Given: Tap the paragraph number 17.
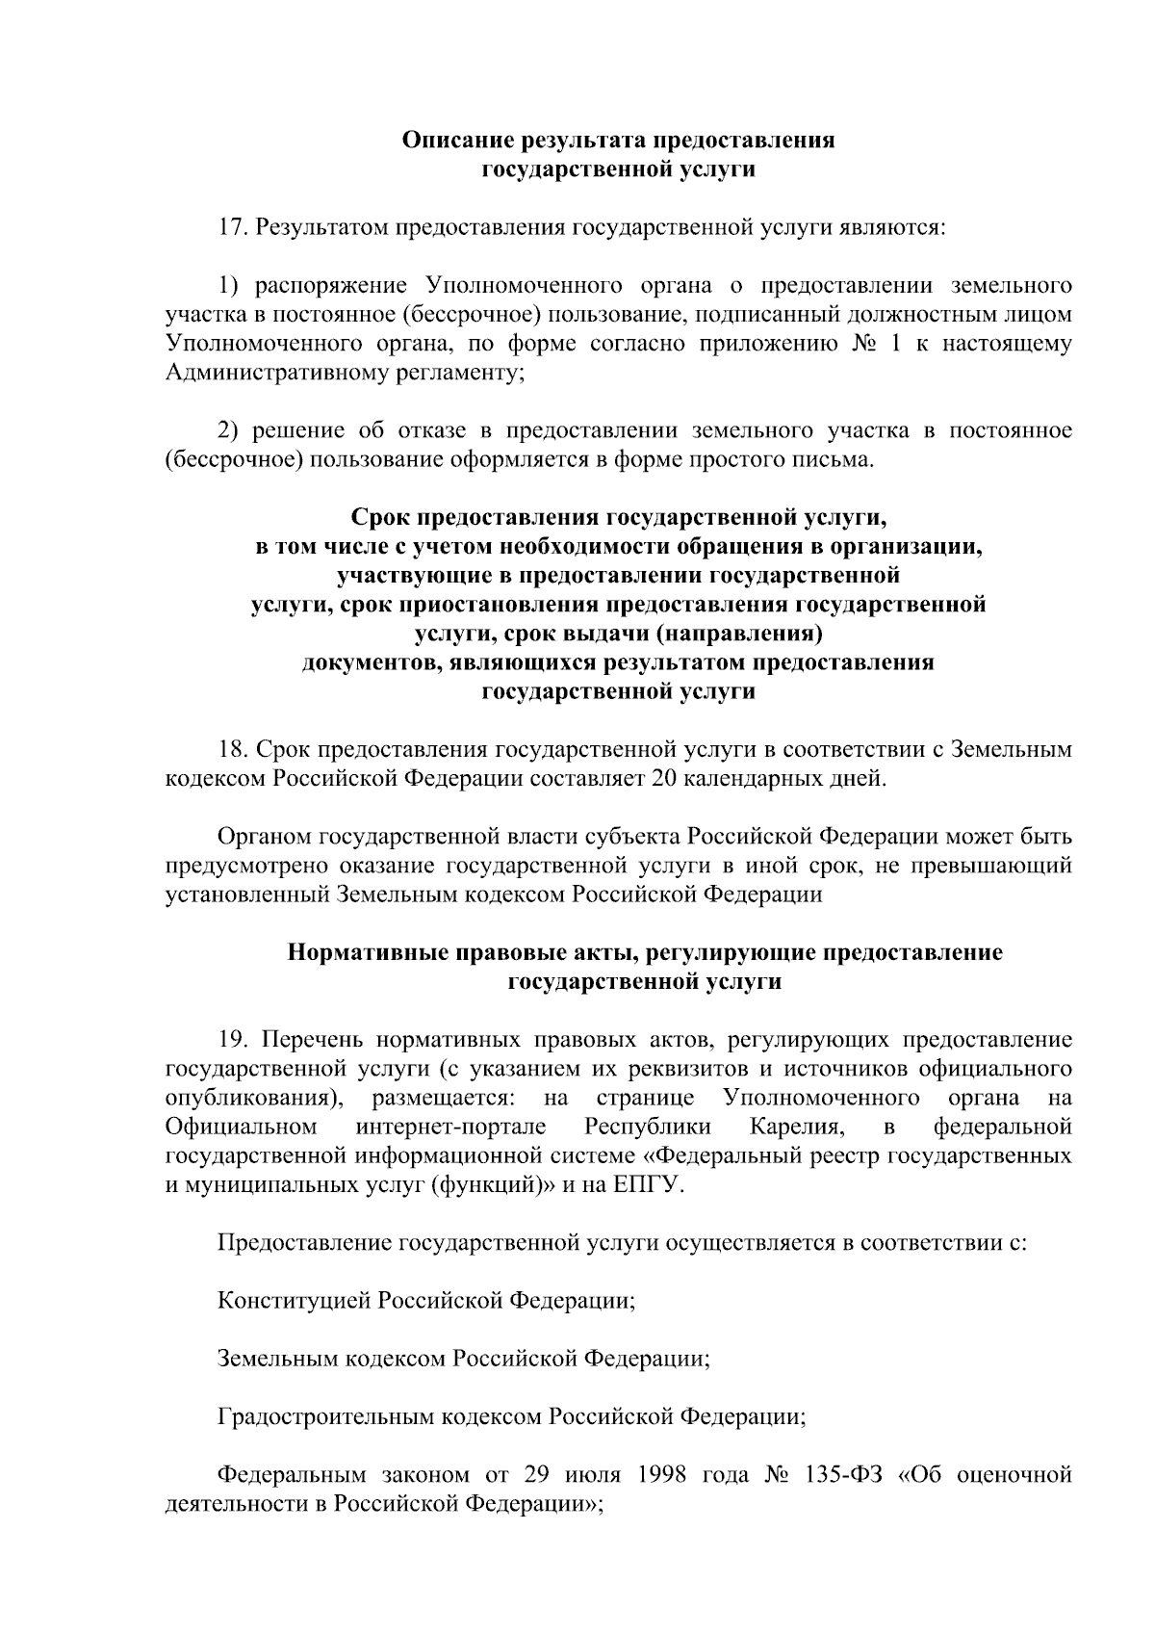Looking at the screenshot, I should point(234,228).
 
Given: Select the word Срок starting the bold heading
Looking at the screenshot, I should point(379,518).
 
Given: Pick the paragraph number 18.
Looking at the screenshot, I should point(234,749).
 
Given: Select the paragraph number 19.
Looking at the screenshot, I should point(234,1040).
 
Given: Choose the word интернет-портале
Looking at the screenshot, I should point(450,1127).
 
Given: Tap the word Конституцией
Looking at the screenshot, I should point(294,1301).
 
